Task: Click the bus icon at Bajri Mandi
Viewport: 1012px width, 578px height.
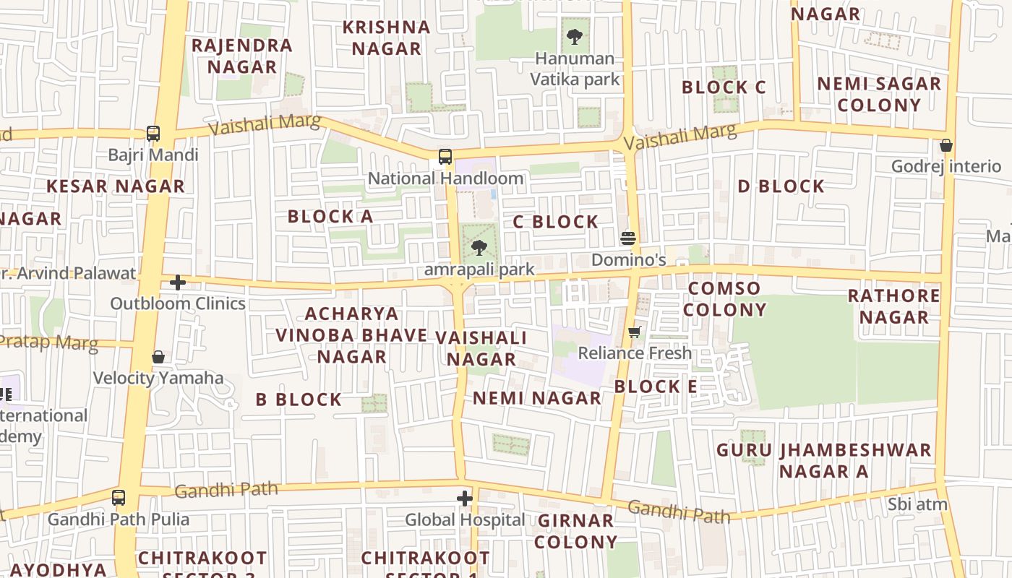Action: coord(153,134)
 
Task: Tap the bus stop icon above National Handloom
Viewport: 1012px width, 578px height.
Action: coord(445,157)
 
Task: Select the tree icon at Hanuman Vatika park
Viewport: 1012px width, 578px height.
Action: coord(575,36)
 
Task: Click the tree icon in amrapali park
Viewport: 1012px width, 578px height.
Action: coord(478,249)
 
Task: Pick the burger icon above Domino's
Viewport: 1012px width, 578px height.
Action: coord(628,238)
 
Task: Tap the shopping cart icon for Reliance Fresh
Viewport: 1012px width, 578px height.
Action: coord(635,332)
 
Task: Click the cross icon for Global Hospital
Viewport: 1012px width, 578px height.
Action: coord(464,499)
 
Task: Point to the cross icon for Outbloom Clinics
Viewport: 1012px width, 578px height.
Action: coord(178,282)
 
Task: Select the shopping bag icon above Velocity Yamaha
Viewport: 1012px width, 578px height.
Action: coord(158,357)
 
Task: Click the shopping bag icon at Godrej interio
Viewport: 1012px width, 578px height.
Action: coord(945,145)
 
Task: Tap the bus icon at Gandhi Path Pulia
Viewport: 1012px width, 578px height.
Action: coord(119,498)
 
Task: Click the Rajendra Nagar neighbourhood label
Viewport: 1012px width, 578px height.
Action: coord(241,56)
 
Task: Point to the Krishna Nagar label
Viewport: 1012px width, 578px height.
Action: coord(386,38)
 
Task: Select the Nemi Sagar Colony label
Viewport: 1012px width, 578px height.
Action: coord(879,94)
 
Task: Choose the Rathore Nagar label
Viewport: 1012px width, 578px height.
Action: coord(893,306)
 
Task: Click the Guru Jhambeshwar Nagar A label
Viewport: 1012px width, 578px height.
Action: coord(823,461)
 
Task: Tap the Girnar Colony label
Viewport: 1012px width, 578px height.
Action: coord(577,531)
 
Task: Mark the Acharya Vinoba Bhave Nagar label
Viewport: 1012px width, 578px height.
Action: coord(351,335)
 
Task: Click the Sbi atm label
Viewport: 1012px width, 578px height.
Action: coord(917,504)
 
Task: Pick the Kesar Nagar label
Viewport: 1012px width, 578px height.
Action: coord(116,186)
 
